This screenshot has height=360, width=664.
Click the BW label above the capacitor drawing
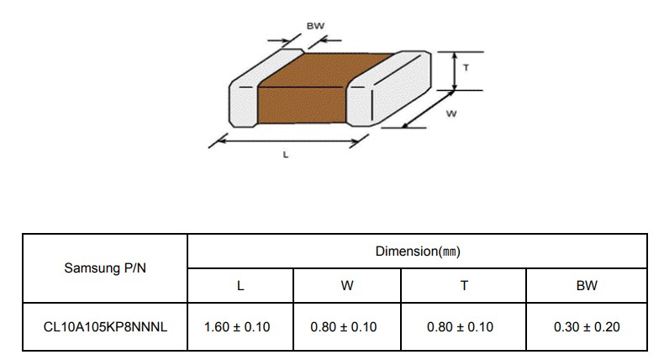(315, 26)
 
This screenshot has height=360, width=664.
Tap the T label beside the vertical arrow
(466, 67)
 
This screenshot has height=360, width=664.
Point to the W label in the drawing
(451, 114)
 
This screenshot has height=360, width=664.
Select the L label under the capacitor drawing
(286, 155)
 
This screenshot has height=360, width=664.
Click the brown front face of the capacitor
(302, 105)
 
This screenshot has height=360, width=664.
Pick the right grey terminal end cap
(389, 88)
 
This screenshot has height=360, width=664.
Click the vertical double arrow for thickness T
(455, 71)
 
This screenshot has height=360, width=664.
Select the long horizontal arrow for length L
(289, 140)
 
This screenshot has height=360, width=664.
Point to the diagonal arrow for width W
(428, 109)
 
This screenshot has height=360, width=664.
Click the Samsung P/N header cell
(105, 268)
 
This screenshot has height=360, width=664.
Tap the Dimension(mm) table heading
(418, 251)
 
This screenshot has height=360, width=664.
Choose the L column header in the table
(240, 286)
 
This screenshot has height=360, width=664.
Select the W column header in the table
(347, 286)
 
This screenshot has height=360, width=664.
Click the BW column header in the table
(587, 286)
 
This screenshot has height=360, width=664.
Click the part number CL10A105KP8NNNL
(105, 327)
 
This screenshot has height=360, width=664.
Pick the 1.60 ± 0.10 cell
(237, 327)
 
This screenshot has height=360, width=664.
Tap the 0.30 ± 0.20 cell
(587, 327)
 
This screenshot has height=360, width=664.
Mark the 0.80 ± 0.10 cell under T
(460, 327)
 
